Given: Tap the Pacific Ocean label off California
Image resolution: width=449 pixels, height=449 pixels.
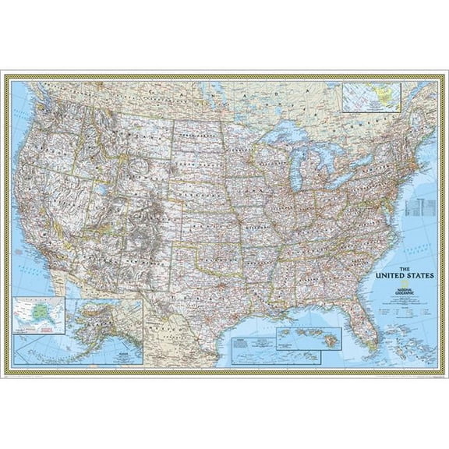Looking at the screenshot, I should (31, 265).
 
